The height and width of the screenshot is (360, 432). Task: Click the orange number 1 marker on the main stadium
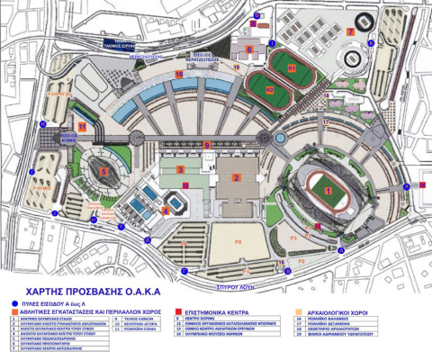(328, 190)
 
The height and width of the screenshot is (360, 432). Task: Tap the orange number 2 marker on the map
(236, 178)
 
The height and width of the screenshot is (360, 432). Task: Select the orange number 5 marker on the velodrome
(104, 169)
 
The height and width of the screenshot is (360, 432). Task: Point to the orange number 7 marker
(351, 31)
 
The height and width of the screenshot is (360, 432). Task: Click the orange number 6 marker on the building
(249, 49)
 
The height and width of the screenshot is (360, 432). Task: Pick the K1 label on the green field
(292, 67)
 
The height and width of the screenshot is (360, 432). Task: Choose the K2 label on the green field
(269, 90)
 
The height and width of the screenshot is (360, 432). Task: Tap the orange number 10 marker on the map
(178, 75)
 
